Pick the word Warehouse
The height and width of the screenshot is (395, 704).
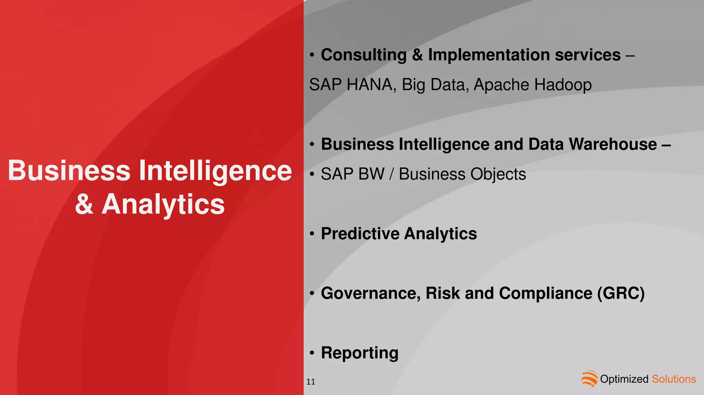click(x=613, y=144)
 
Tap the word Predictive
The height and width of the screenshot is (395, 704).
click(x=360, y=234)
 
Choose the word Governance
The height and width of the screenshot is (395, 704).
click(x=371, y=294)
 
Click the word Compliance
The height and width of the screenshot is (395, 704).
click(x=546, y=294)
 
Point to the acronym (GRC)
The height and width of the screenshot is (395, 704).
click(x=621, y=294)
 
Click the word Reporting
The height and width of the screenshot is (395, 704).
click(x=360, y=353)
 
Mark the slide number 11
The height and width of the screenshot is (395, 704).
click(x=311, y=382)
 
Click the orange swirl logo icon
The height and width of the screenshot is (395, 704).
click(x=589, y=378)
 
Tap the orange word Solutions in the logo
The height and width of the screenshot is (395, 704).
click(x=674, y=379)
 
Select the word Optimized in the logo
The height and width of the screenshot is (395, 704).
click(x=624, y=379)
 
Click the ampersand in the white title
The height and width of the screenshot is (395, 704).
click(x=84, y=204)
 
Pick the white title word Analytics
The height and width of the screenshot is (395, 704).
click(x=163, y=204)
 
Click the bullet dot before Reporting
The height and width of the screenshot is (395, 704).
click(x=312, y=353)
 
